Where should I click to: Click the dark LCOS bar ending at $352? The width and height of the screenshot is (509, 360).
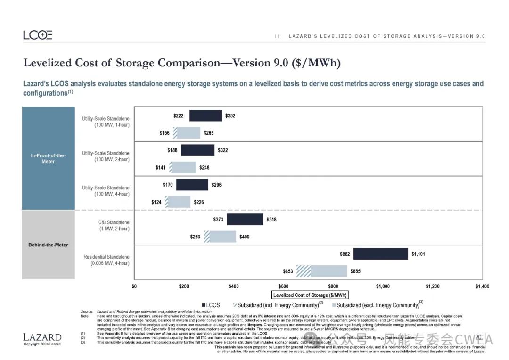click(205, 115)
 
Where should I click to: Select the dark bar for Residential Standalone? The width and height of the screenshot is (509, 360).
click(380, 254)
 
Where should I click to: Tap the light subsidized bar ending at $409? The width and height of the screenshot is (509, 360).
click(222, 237)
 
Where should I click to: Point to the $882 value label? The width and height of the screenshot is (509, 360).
click(345, 254)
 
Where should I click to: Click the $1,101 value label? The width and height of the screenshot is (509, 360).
click(419, 254)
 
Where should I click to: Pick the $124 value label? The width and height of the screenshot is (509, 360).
click(156, 202)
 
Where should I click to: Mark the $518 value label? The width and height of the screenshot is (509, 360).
click(271, 220)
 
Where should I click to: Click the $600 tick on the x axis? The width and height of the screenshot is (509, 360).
click(283, 286)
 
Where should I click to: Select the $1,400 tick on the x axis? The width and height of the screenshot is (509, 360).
click(482, 286)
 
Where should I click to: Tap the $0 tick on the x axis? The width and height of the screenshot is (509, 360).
click(134, 286)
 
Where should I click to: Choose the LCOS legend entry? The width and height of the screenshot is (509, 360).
click(211, 305)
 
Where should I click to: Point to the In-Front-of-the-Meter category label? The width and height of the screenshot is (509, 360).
click(48, 158)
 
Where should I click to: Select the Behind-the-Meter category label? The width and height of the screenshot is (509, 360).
click(48, 245)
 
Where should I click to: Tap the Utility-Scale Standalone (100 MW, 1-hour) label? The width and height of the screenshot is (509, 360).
click(106, 122)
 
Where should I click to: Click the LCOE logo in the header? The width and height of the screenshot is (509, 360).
click(38, 35)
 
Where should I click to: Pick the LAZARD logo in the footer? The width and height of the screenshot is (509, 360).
click(42, 337)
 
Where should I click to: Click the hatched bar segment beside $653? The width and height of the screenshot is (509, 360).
click(304, 271)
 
